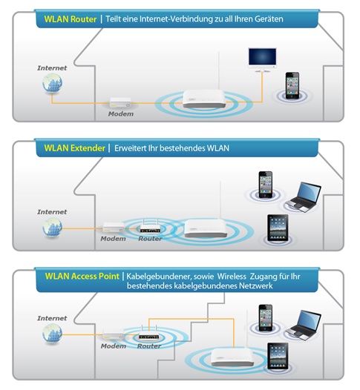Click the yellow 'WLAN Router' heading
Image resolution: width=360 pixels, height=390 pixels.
coord(71,19)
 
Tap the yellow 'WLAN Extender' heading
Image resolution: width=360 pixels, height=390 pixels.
coord(75,148)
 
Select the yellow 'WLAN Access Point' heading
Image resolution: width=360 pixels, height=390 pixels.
coord(82,277)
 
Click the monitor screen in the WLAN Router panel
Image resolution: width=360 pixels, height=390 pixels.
coord(262,57)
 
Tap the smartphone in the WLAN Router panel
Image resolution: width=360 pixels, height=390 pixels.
coord(292,85)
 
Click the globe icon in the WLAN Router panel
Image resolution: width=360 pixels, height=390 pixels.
coord(52,83)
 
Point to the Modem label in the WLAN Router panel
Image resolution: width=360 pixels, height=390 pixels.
coord(121,114)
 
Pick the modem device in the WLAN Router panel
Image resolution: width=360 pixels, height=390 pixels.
coord(120,102)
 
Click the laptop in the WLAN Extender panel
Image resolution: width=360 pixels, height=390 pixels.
coord(304,197)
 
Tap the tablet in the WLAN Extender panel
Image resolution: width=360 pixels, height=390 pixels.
coord(278,228)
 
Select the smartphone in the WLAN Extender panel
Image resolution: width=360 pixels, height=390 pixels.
coord(266,185)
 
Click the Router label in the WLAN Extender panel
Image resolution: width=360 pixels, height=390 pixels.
coord(150,239)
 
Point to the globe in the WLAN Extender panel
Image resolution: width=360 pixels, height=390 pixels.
coord(52,228)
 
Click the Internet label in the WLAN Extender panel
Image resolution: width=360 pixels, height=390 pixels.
coord(52,212)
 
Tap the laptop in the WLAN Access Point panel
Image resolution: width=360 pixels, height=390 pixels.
coord(304,325)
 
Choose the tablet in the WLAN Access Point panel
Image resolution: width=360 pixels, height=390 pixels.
coord(278,356)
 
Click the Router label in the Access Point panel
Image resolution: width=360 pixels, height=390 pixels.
coord(149,346)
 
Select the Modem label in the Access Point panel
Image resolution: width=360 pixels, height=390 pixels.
coord(114,346)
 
